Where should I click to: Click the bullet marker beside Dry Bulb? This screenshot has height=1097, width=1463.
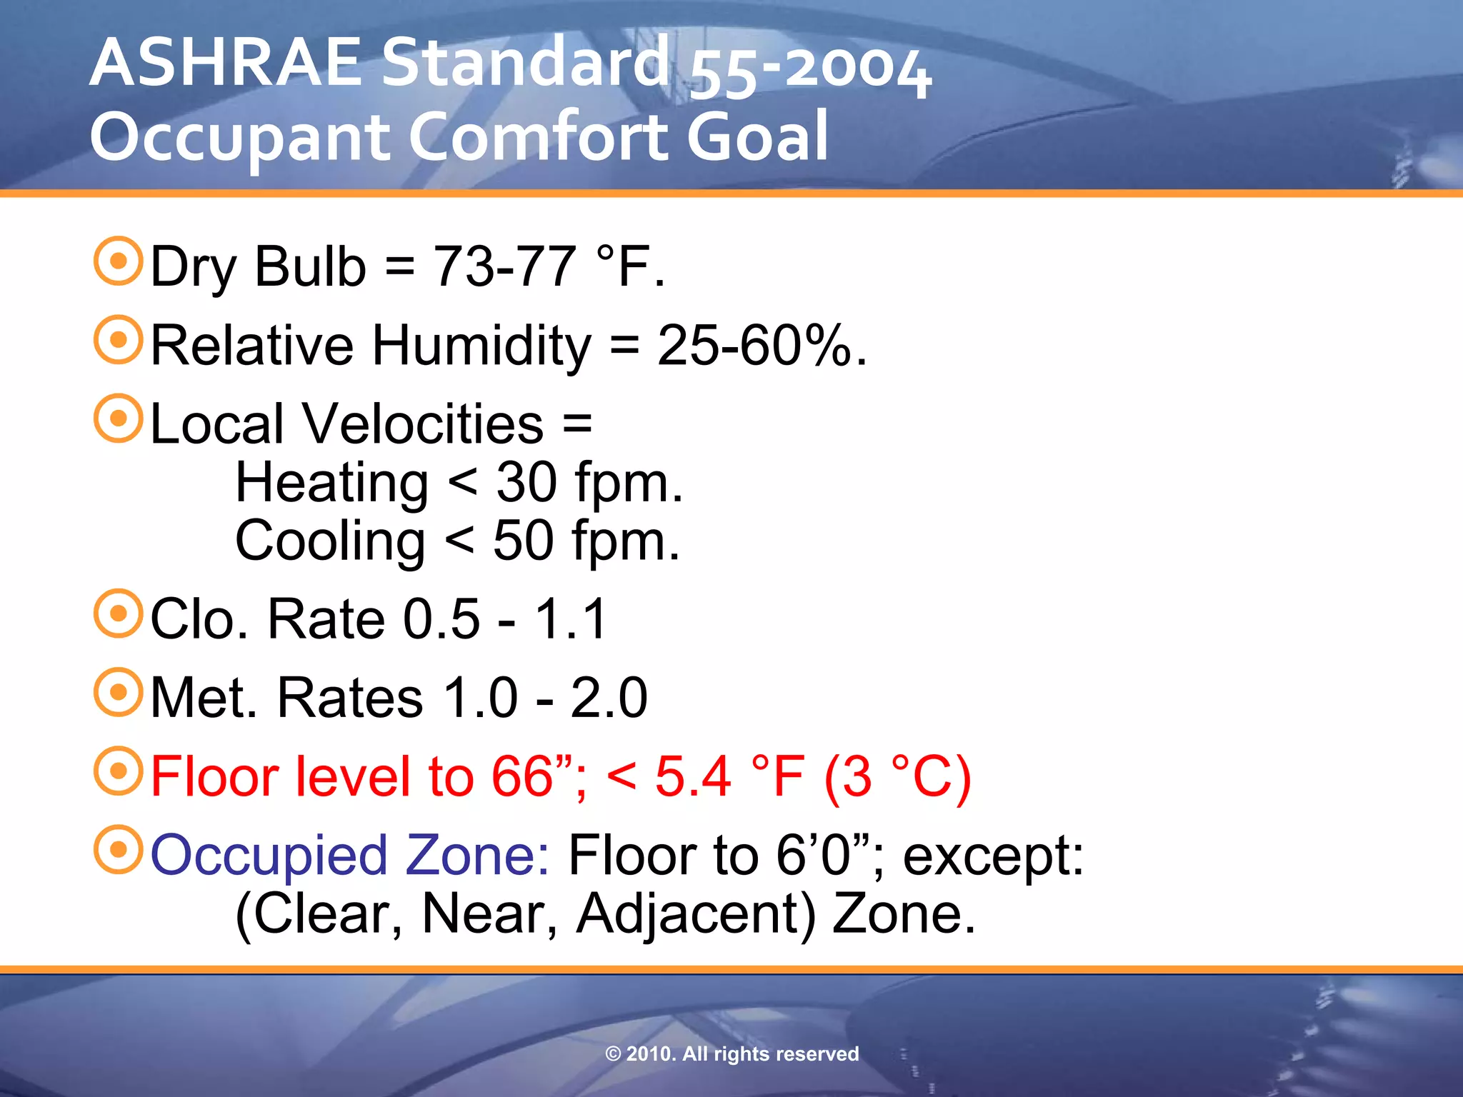[118, 261]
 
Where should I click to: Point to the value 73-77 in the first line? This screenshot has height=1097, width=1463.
[504, 266]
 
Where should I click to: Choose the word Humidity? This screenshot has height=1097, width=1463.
[481, 346]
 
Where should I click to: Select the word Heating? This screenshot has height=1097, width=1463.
[331, 483]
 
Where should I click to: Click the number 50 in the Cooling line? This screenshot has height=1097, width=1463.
[523, 541]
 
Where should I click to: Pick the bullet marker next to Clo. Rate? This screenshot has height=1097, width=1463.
[118, 613]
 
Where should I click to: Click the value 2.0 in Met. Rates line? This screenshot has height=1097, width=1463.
[609, 698]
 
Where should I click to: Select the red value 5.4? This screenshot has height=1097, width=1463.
[692, 776]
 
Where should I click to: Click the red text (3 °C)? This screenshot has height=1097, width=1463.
[897, 777]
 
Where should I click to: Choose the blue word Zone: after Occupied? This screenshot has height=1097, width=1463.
[477, 856]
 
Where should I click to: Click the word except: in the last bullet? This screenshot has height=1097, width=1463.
[993, 856]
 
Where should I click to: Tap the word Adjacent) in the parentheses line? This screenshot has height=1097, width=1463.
[695, 914]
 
